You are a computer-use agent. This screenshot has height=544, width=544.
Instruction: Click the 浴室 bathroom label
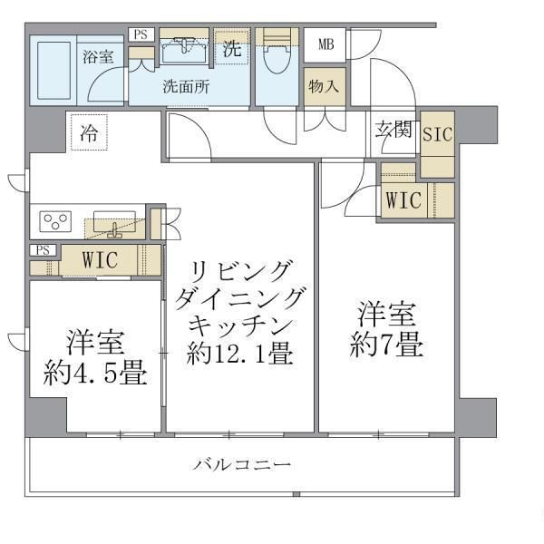[x=99, y=57]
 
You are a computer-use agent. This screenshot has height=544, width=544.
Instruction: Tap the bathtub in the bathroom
[x=53, y=70]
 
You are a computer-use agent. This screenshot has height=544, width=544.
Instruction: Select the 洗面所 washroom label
[x=186, y=88]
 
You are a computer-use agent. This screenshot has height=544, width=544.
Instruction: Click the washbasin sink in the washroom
[x=187, y=46]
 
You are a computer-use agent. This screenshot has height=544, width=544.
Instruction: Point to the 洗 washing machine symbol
[x=232, y=49]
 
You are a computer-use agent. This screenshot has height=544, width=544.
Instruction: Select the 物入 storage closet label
[x=324, y=87]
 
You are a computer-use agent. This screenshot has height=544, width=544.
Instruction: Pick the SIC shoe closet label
[x=439, y=132]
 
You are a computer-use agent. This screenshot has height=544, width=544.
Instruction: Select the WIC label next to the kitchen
[x=100, y=259]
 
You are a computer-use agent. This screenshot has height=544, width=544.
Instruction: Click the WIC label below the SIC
[x=403, y=200]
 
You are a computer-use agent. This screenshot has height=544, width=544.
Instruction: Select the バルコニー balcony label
[x=242, y=466]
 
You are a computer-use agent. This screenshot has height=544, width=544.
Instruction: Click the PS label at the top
[x=140, y=34]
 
